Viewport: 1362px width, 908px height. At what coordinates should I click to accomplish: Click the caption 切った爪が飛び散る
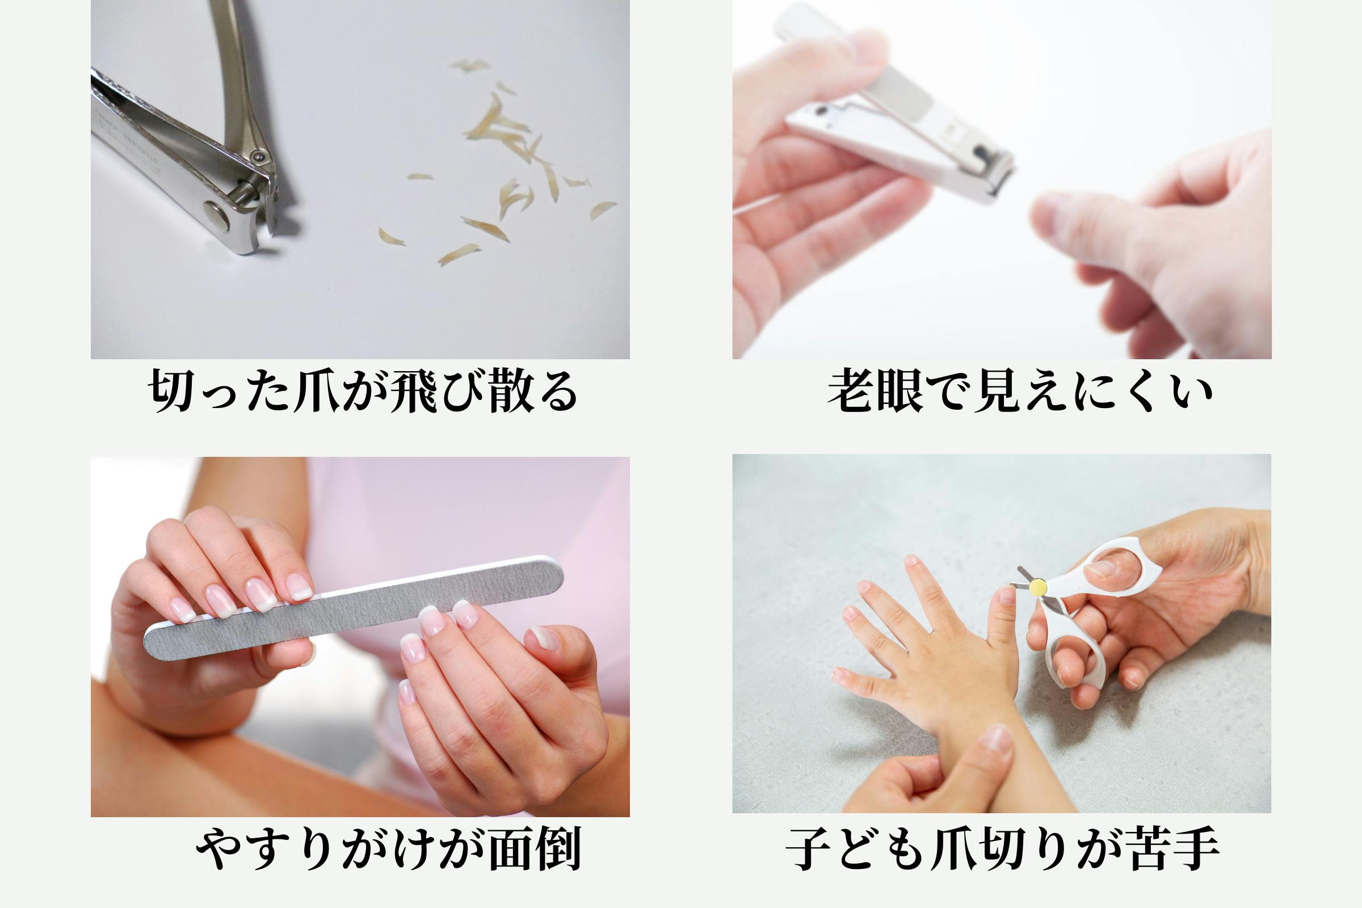(x=363, y=392)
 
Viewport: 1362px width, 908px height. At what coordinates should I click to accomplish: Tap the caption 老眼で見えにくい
(x=1020, y=392)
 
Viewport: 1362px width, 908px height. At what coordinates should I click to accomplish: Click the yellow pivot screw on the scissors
(x=1038, y=588)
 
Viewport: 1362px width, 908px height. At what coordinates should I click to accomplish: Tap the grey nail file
(x=354, y=607)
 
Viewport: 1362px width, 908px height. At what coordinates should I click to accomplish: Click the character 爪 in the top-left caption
(x=316, y=392)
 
